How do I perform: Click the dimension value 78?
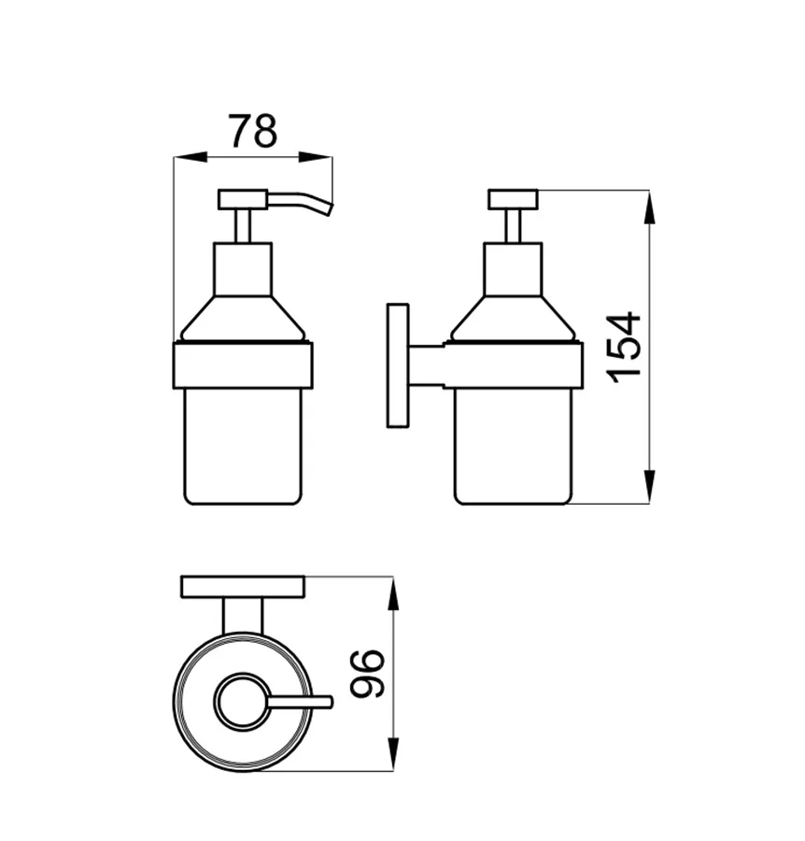click(x=253, y=130)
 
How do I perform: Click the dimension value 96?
click(x=367, y=674)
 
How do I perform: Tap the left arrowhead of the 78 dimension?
click(x=191, y=157)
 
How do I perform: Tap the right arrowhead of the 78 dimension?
click(x=316, y=157)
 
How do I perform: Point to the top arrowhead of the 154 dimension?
click(x=649, y=207)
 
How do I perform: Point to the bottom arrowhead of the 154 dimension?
click(x=649, y=487)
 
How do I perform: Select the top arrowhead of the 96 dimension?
click(x=393, y=593)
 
